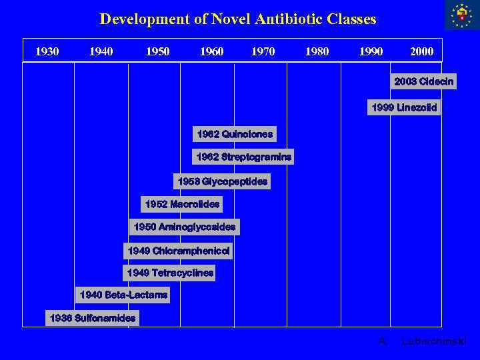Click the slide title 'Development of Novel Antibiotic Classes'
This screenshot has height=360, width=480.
[238, 19]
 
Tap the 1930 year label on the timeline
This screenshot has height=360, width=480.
[47, 51]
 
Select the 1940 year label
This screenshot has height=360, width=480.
[101, 51]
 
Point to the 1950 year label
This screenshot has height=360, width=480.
[157, 51]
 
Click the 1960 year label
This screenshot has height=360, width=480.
[211, 51]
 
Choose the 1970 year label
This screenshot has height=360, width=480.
[263, 51]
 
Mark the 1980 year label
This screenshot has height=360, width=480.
[316, 51]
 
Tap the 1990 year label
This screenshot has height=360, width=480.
[371, 51]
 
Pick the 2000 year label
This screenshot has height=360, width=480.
[421, 51]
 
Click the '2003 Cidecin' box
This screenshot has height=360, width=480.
[424, 82]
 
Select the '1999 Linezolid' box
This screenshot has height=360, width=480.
[405, 107]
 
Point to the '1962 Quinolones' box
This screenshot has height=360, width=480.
[235, 135]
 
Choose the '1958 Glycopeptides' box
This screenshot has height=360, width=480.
[223, 181]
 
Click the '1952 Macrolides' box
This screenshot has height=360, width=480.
[182, 204]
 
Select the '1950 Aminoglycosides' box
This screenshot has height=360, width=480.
[185, 227]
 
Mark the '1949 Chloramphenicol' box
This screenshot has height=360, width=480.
[178, 251]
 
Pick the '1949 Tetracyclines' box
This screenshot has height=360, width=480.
[170, 273]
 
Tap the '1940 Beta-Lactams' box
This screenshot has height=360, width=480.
[123, 295]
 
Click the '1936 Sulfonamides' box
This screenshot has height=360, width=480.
[93, 318]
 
